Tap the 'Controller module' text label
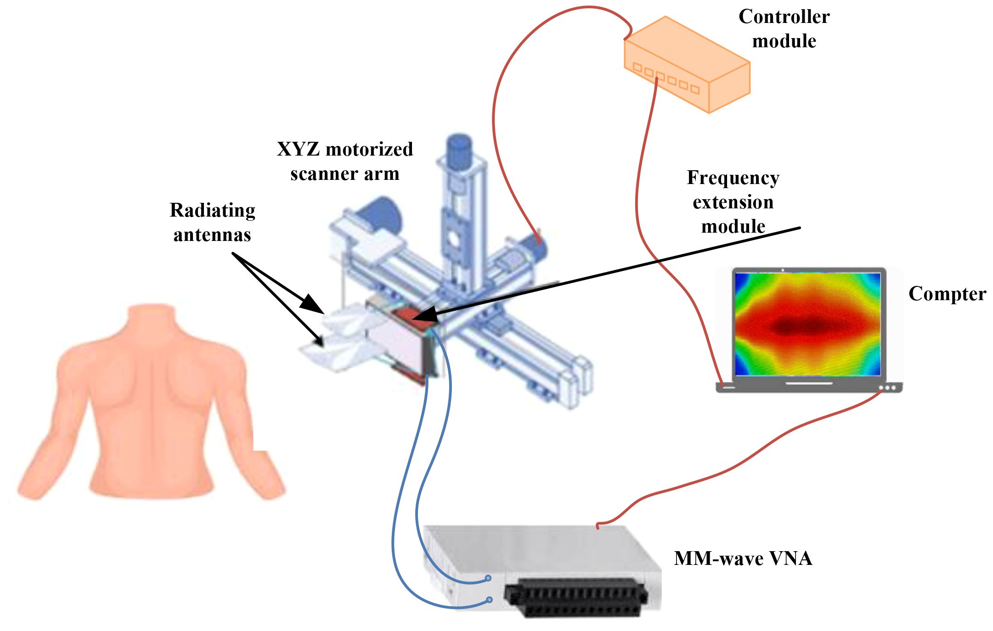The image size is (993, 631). (784, 28)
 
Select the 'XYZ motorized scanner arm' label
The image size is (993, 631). (345, 161)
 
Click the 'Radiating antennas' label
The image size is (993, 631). (212, 222)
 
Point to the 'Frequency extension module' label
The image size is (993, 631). (733, 201)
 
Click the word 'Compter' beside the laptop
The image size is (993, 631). (947, 294)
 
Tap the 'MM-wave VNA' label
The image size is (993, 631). (743, 558)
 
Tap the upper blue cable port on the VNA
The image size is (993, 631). (489, 578)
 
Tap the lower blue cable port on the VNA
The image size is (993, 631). (490, 599)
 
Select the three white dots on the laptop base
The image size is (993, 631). (887, 388)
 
